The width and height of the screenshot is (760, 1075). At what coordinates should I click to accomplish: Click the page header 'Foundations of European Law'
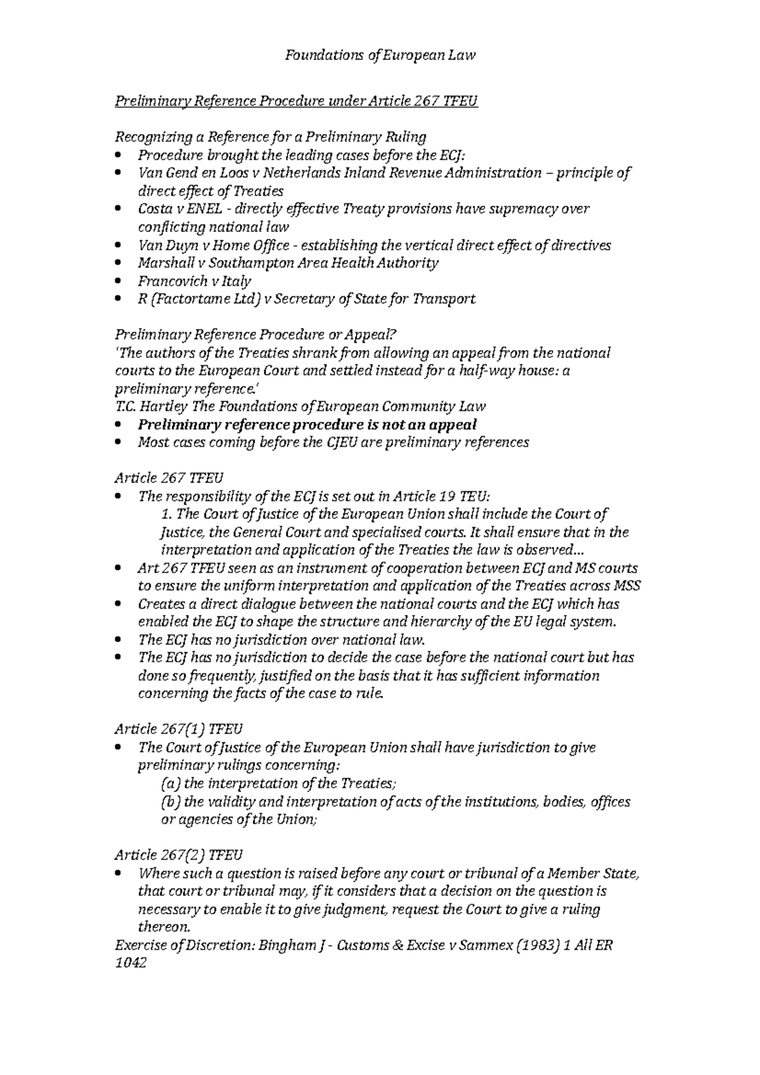coord(380,55)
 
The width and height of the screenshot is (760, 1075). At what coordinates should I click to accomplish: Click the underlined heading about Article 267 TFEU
coord(296,101)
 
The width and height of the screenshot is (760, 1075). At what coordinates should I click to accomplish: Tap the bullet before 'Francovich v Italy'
coord(120,281)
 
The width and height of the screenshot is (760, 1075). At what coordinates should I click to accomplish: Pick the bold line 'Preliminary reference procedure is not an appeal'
coord(307,424)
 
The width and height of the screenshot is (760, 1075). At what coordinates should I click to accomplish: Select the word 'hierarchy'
coord(434,622)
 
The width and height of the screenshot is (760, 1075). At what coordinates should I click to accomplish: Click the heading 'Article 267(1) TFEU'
coord(178,729)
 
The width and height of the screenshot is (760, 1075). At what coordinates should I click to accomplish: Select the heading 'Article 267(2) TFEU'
coord(178,855)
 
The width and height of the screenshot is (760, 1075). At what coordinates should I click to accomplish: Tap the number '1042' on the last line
coord(130,964)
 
